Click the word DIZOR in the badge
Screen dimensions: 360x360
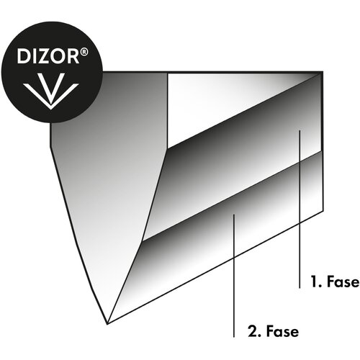[x=48, y=56]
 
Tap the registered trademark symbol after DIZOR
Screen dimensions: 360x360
[x=84, y=53]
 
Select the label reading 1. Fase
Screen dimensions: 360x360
[x=335, y=282]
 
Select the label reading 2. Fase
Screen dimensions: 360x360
[x=274, y=331]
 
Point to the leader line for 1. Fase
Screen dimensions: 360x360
[x=300, y=209]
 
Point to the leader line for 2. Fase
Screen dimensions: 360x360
[x=234, y=276]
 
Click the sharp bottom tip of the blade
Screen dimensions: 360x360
[x=107, y=324]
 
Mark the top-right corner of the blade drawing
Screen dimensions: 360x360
[x=323, y=71]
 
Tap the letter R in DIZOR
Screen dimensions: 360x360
[x=74, y=56]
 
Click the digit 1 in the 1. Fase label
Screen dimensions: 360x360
[x=314, y=282]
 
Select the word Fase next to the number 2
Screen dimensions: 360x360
[x=282, y=331]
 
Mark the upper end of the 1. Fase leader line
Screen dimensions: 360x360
[x=300, y=130]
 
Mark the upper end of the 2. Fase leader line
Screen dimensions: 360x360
[x=234, y=215]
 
